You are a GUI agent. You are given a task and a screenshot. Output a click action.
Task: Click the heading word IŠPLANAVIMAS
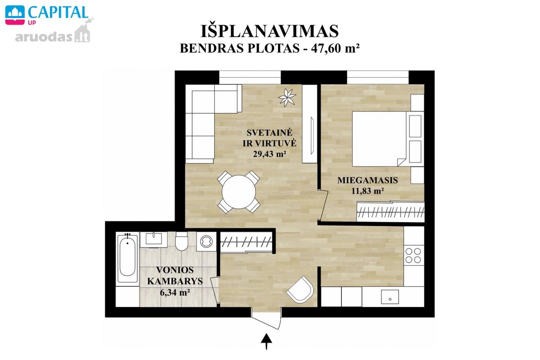click(270, 31)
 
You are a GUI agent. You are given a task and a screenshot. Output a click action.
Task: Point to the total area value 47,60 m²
click(335, 48)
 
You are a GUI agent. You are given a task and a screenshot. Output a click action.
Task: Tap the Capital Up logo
click(46, 15)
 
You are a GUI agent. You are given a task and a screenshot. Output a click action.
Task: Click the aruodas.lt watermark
click(53, 36)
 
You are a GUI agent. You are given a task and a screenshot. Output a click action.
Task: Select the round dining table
click(238, 192)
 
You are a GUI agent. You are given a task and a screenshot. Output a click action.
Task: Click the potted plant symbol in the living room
click(287, 97)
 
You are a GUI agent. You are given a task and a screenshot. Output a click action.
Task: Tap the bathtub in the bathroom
click(127, 257)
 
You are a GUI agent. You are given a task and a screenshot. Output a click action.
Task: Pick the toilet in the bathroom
click(182, 241)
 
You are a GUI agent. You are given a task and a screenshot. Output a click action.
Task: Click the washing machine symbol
click(207, 242)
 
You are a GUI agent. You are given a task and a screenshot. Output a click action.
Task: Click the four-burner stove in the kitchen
click(414, 256)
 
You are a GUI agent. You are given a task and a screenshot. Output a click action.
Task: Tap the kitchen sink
click(390, 297)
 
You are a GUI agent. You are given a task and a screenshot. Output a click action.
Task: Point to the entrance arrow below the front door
click(266, 342)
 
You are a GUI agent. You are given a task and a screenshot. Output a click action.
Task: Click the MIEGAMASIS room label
click(368, 180)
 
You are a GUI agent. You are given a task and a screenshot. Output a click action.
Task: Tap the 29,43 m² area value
click(270, 154)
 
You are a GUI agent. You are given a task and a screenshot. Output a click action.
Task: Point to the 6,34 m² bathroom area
click(175, 292)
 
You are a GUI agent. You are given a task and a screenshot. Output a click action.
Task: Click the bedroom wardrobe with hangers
click(391, 211)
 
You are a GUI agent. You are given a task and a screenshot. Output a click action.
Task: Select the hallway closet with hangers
click(247, 242)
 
